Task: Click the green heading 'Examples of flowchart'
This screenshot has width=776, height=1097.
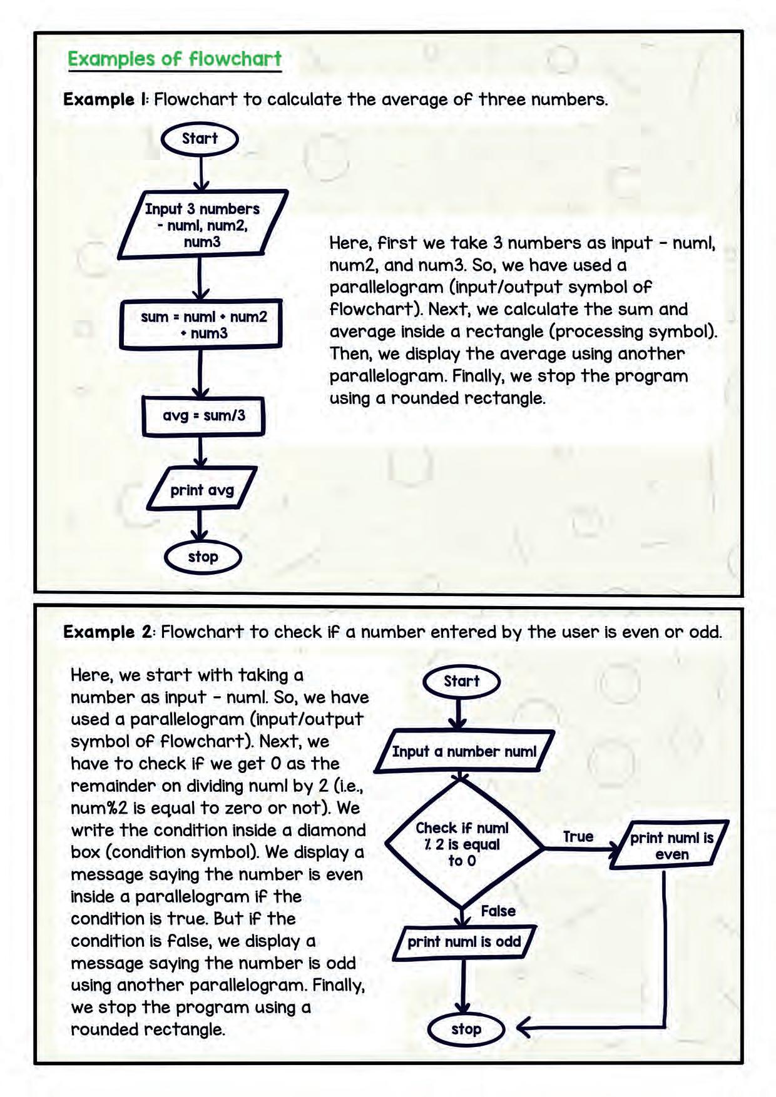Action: [175, 59]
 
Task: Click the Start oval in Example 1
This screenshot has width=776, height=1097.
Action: [200, 139]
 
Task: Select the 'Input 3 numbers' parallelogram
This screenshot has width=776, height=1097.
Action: [202, 225]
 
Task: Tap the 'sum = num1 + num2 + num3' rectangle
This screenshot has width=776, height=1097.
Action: [202, 325]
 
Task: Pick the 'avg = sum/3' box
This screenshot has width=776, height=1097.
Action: [203, 415]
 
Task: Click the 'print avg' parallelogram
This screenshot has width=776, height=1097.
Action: [202, 490]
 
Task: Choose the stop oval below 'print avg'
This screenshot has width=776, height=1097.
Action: [203, 557]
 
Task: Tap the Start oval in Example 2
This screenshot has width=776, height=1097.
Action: [461, 681]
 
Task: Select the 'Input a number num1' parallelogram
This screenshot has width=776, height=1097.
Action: [464, 751]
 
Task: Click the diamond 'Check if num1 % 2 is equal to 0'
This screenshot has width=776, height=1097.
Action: [462, 844]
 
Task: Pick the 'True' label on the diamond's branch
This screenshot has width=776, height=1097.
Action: [578, 837]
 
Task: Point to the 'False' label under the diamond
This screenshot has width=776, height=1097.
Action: [498, 911]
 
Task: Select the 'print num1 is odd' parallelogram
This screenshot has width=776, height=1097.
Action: [464, 942]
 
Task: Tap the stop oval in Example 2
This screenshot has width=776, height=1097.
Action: [466, 1029]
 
